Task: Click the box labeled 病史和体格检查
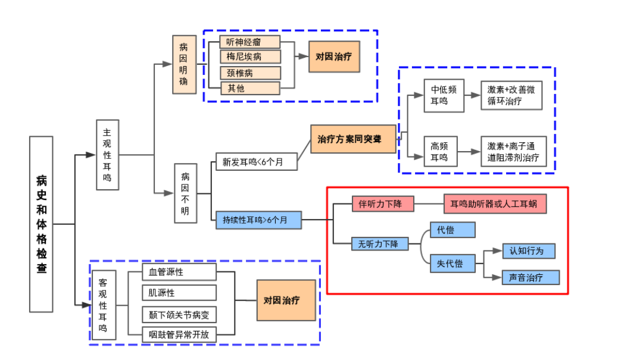[x=41, y=224]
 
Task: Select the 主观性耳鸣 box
[x=108, y=155]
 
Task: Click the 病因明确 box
[x=184, y=64]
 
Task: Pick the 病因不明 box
[x=186, y=193]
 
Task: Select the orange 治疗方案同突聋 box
[x=353, y=139]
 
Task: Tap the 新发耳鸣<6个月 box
[x=257, y=161]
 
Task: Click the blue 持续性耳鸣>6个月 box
[x=258, y=220]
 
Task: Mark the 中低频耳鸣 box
[x=444, y=95]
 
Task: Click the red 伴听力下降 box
[x=382, y=204]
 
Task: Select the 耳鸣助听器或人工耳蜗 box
[x=495, y=204]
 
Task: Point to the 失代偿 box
[x=452, y=263]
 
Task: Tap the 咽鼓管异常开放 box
[x=179, y=334]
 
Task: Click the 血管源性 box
[x=179, y=272]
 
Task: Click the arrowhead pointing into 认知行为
[x=498, y=251]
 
